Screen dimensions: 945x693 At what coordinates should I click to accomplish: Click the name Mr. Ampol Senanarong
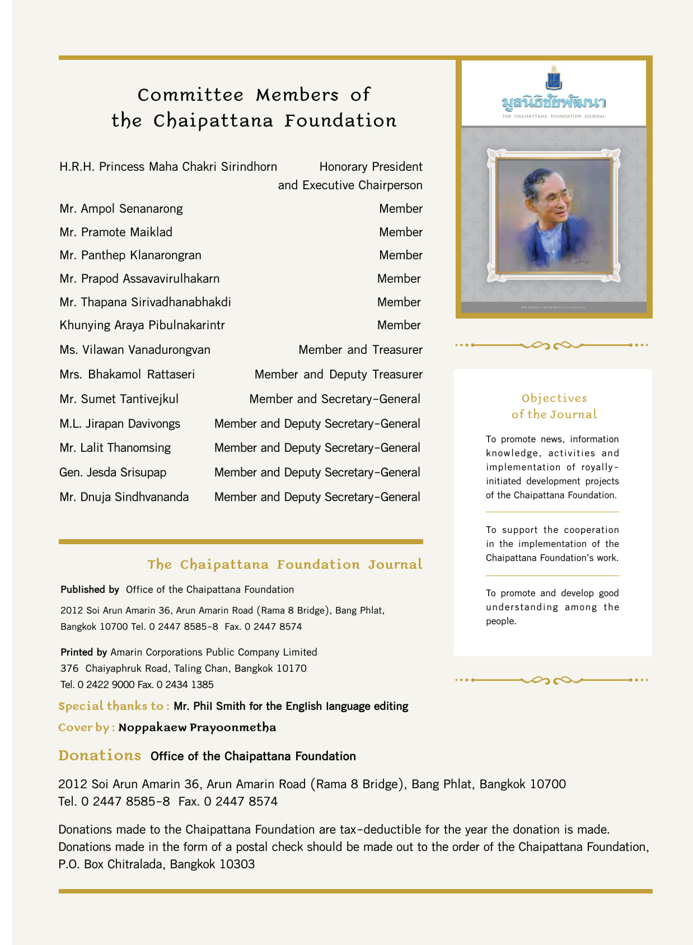(x=121, y=209)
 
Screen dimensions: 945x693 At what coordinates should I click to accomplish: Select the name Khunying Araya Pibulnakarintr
(x=142, y=325)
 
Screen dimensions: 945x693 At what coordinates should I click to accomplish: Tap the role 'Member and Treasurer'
(x=360, y=350)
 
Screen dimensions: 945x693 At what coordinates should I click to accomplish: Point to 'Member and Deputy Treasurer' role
(x=338, y=375)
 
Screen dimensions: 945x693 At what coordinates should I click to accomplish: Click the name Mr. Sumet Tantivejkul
(x=119, y=399)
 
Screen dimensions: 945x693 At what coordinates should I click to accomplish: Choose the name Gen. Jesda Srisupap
(x=113, y=472)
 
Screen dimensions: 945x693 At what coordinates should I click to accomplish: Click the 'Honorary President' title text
(x=371, y=167)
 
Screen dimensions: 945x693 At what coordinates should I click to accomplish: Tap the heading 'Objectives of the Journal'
(x=554, y=406)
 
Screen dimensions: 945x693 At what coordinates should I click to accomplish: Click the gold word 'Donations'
(x=100, y=756)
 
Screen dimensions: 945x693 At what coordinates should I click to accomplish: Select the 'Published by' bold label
(x=90, y=590)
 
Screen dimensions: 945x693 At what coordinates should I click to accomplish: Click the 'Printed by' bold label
(x=83, y=652)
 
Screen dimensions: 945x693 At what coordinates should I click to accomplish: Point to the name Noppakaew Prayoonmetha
(x=197, y=728)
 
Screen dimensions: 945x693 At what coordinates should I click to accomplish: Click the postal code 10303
(x=237, y=864)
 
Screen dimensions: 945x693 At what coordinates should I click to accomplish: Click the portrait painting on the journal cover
(x=553, y=216)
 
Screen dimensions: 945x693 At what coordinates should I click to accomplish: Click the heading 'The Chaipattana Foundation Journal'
(x=284, y=564)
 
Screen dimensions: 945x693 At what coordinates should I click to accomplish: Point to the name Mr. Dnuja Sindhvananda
(x=124, y=497)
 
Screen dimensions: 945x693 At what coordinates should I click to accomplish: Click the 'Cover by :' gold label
(x=86, y=728)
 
